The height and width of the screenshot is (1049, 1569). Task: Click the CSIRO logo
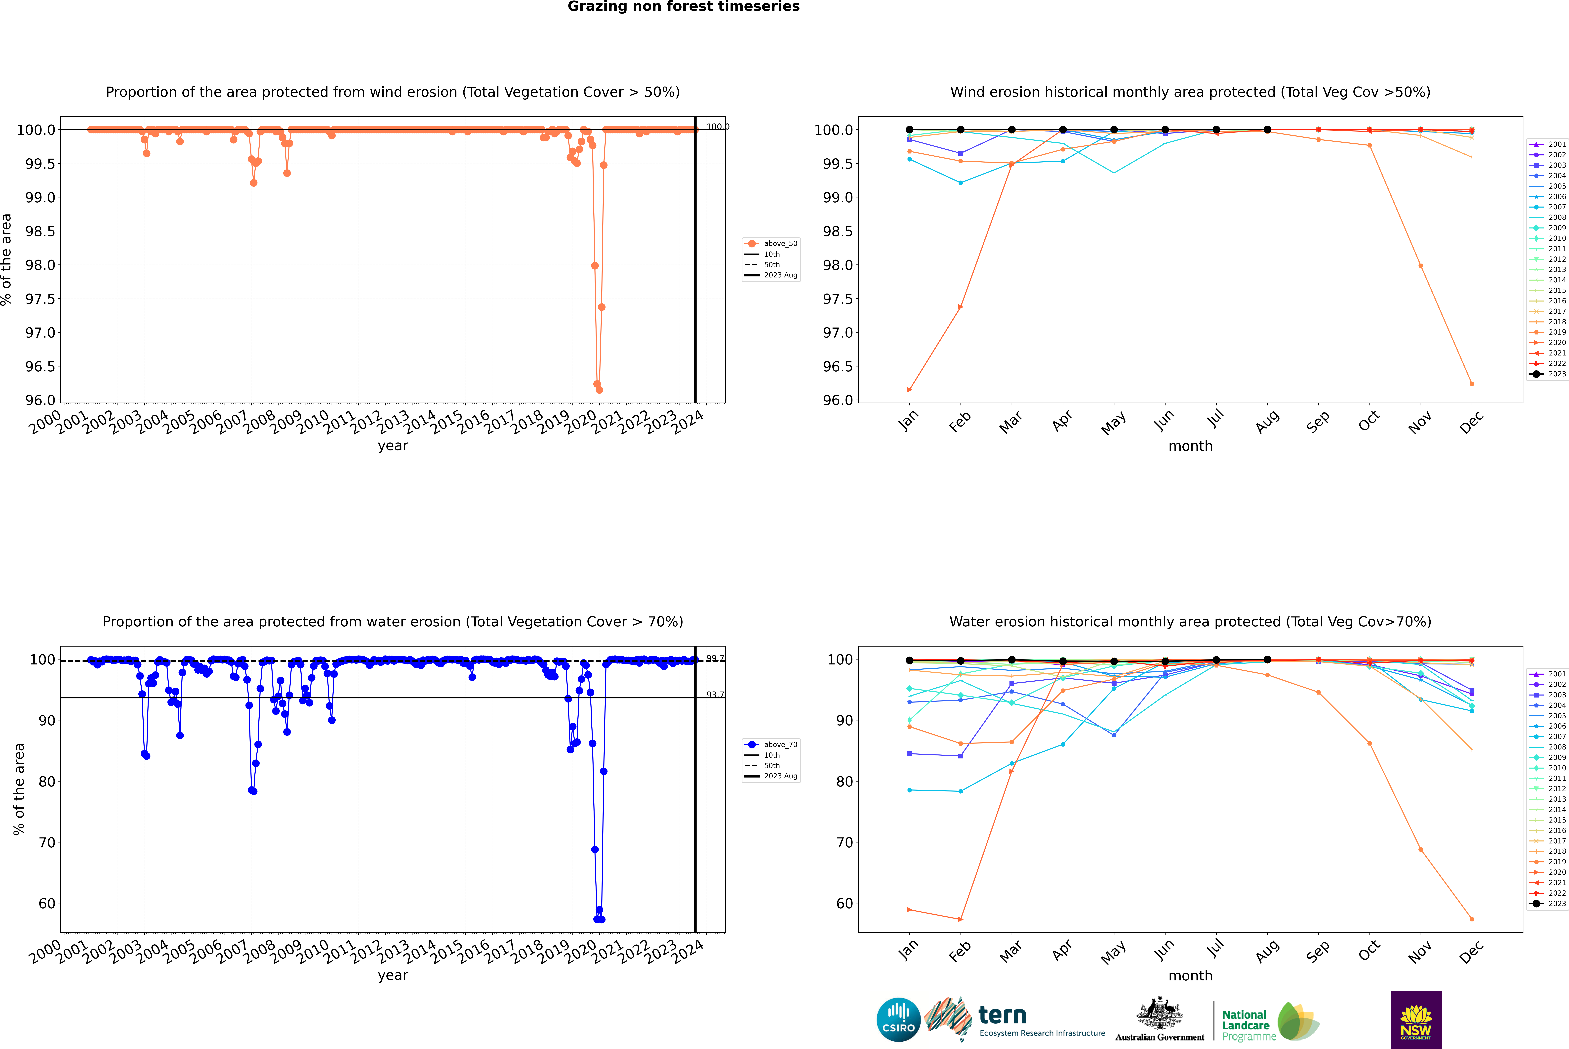pyautogui.click(x=898, y=1020)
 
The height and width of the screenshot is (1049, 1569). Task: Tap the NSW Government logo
pyautogui.click(x=1416, y=1020)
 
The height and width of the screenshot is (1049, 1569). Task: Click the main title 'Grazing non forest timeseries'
pyautogui.click(x=684, y=7)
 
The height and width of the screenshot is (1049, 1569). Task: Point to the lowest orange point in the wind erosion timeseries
pyautogui.click(x=599, y=389)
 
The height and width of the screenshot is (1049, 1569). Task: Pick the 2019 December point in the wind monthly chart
pyautogui.click(x=1471, y=384)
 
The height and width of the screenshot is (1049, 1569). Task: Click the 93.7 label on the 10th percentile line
pyautogui.click(x=715, y=694)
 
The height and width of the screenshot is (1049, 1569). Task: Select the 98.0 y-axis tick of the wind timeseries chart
pyautogui.click(x=40, y=265)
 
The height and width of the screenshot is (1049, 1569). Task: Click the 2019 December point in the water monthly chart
pyautogui.click(x=1471, y=919)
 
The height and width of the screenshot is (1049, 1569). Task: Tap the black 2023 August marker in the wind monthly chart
pyautogui.click(x=1267, y=130)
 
